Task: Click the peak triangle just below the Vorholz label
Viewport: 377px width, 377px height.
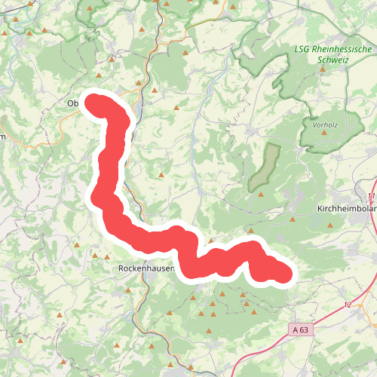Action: point(324,133)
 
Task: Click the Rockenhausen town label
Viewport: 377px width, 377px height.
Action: point(147,268)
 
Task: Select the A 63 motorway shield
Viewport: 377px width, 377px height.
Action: point(300,329)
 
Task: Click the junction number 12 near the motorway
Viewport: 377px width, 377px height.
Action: point(348,304)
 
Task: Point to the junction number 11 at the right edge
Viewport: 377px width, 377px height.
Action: point(372,196)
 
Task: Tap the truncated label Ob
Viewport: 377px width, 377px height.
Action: point(73,103)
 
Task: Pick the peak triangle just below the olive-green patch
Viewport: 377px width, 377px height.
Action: point(259,194)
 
